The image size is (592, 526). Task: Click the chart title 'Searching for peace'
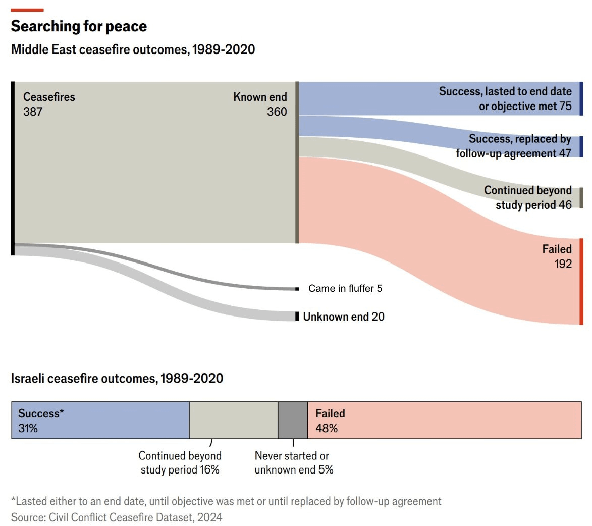coord(79,26)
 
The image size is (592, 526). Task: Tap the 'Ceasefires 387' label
coord(48,104)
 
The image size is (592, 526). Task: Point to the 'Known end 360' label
coord(260,104)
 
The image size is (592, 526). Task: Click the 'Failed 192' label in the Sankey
coord(557,256)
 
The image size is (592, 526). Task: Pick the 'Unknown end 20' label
coord(343,317)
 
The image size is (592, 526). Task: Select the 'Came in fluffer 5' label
coord(345,288)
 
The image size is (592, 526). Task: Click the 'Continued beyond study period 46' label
coord(528,197)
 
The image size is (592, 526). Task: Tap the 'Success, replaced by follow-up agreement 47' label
coord(514,146)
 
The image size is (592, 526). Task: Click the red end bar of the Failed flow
coord(581,282)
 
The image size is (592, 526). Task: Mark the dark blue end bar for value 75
coord(581,98)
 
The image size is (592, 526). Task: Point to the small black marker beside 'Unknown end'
coord(297,317)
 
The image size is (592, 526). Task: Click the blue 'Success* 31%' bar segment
coord(100,420)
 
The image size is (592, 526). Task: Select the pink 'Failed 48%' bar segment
coord(444,420)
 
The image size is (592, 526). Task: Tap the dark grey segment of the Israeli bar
coord(293,420)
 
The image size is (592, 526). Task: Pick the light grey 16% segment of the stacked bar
coord(233,420)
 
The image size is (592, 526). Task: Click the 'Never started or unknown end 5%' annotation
coord(294,462)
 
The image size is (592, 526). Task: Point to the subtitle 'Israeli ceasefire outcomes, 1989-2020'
coord(117,378)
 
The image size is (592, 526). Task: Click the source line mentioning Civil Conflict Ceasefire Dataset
coord(117,517)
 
